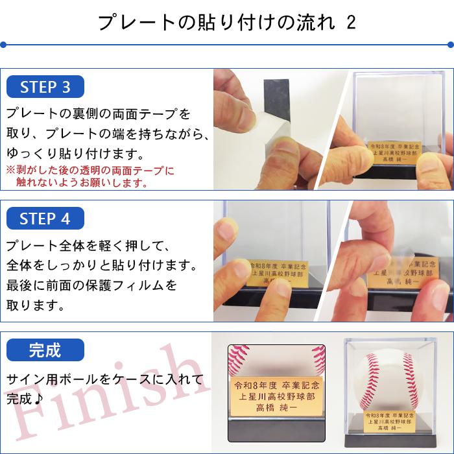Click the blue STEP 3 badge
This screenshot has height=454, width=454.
45,87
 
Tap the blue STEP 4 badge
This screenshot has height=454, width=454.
45,219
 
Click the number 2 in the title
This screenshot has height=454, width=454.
350,23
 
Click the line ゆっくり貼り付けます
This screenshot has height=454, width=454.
75,156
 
